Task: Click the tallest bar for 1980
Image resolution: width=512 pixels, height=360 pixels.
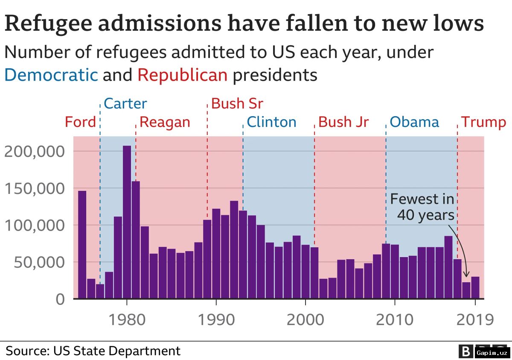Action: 127,222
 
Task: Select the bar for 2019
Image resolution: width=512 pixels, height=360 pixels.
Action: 475,287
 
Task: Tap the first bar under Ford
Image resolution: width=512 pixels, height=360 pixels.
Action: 82,245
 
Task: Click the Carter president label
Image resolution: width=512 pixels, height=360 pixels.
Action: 125,104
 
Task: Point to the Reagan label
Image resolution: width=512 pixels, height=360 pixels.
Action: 165,123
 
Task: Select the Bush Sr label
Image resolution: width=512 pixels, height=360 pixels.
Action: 237,104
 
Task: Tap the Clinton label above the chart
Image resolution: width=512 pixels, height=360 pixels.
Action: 271,122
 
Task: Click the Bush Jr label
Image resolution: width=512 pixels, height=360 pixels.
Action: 343,122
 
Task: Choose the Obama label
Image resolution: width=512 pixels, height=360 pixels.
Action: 414,122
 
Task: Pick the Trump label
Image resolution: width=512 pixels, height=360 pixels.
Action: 483,123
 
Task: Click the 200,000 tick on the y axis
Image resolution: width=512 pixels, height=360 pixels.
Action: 35,152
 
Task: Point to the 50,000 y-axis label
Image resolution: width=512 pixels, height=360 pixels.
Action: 39,263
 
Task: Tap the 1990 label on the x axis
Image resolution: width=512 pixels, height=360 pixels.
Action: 216,319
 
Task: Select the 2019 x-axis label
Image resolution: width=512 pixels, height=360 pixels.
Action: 475,319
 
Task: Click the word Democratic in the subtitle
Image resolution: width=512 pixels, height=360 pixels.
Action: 51,75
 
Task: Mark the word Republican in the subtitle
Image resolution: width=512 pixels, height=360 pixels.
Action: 183,75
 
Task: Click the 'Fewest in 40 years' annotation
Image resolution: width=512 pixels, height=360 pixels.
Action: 422,207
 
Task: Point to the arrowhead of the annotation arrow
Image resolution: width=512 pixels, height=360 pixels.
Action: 466,275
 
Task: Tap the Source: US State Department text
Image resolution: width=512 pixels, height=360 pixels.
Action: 93,351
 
